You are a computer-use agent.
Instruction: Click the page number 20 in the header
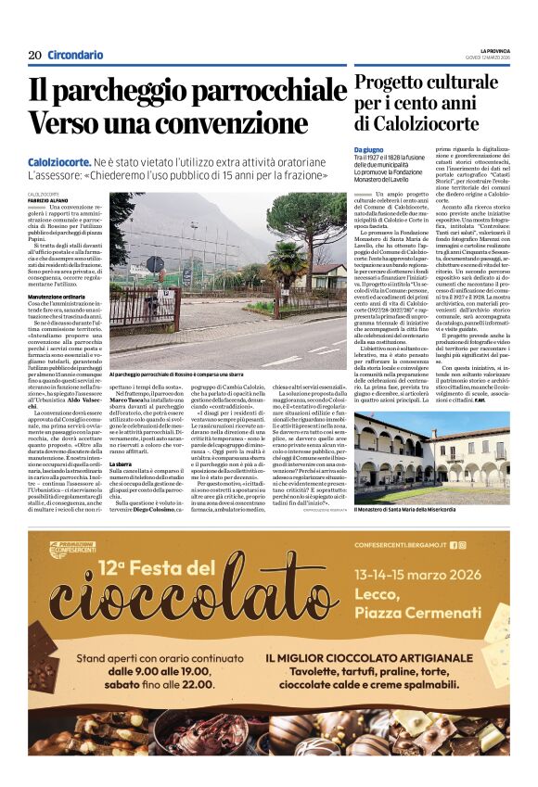[34, 55]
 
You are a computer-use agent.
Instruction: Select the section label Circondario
[75, 55]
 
